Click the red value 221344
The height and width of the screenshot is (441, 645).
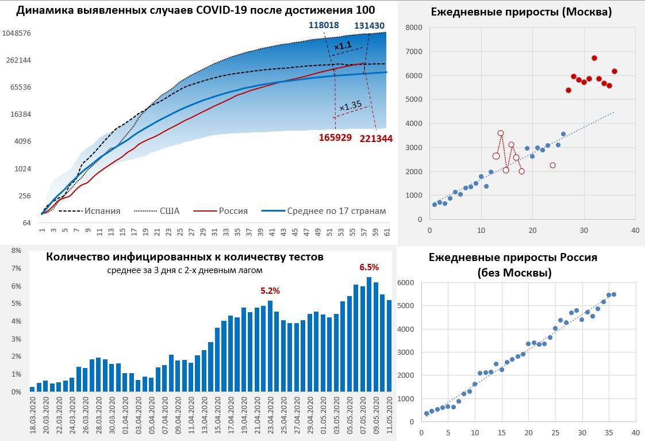(376, 139)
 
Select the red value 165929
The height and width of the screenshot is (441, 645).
(335, 139)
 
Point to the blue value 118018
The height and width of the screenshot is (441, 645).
(324, 25)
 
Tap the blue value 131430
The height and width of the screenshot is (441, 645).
(370, 25)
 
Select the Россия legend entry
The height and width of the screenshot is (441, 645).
(233, 211)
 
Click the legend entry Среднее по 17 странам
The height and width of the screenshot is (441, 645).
(336, 211)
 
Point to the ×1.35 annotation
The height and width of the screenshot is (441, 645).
(350, 105)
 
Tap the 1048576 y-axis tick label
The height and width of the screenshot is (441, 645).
(17, 33)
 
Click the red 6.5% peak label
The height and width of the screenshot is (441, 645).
(369, 267)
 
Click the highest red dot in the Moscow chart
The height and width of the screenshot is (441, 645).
(594, 58)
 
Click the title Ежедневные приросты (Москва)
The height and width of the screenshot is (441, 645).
(520, 11)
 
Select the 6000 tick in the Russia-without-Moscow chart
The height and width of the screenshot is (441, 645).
(405, 283)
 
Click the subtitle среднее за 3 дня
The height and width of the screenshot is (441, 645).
(185, 270)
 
